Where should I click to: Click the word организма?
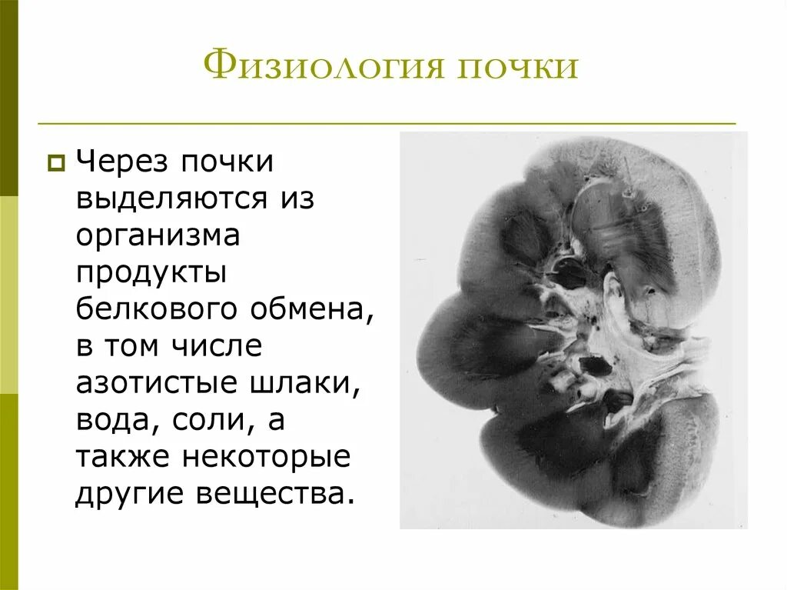[x=158, y=235]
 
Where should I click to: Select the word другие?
[x=128, y=495]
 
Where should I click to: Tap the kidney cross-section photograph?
[x=573, y=331]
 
